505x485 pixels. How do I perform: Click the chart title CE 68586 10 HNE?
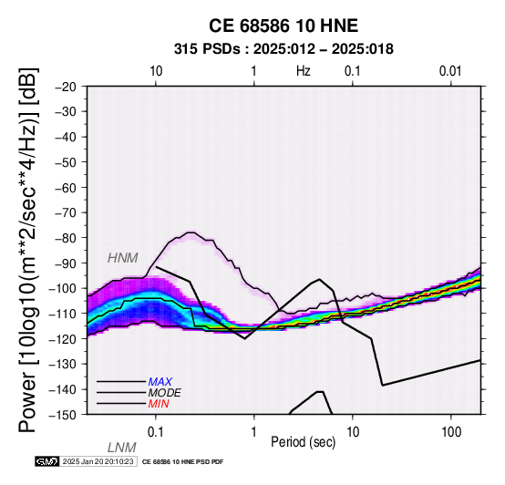click(283, 26)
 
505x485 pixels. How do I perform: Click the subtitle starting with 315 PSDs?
click(283, 49)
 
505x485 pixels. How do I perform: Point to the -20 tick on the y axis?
click(65, 87)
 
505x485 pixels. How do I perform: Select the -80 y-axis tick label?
click(65, 238)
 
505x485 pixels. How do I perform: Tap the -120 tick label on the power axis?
click(62, 339)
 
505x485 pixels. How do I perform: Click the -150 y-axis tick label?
click(62, 415)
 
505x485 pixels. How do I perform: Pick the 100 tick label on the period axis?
click(451, 432)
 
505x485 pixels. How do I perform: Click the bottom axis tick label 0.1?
click(156, 432)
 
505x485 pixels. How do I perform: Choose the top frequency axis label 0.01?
click(450, 71)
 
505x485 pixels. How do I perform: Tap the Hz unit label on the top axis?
click(304, 71)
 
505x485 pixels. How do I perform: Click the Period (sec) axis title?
click(303, 442)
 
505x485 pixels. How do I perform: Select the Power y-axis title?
click(28, 250)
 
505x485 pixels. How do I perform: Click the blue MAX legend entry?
click(160, 382)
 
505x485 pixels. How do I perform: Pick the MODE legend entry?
click(165, 393)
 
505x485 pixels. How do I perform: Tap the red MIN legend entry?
click(159, 404)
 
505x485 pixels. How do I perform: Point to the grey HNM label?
click(123, 258)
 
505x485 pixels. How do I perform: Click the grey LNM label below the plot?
click(122, 448)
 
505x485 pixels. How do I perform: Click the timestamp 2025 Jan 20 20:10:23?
click(98, 461)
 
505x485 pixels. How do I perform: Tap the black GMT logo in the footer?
click(47, 461)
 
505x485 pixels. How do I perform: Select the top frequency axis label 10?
click(156, 71)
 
